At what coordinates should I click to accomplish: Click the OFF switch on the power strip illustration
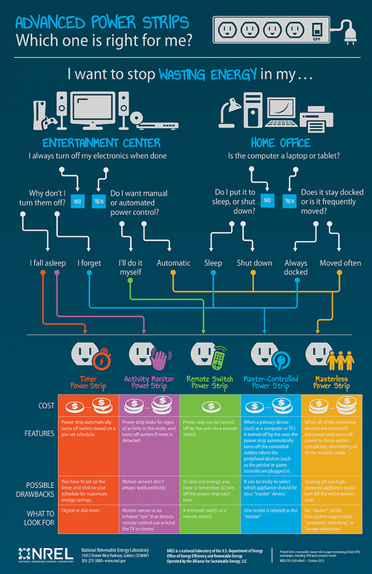pyautogui.click(x=317, y=30)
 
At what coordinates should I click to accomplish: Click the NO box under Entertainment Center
pyautogui.click(x=77, y=200)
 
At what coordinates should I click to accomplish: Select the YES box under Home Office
pyautogui.click(x=289, y=200)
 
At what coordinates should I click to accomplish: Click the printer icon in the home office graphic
pyautogui.click(x=316, y=119)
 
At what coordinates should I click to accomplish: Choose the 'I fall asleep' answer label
pyautogui.click(x=48, y=263)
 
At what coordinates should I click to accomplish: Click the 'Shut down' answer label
pyautogui.click(x=254, y=263)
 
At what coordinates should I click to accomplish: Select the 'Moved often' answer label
pyautogui.click(x=339, y=263)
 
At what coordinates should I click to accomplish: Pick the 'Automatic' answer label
pyautogui.click(x=173, y=263)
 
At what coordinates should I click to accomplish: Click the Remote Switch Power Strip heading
pyautogui.click(x=210, y=382)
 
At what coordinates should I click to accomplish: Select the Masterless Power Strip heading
pyautogui.click(x=331, y=382)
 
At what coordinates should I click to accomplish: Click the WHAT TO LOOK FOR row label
pyautogui.click(x=39, y=517)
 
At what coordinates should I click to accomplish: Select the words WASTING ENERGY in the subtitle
pyautogui.click(x=208, y=73)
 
